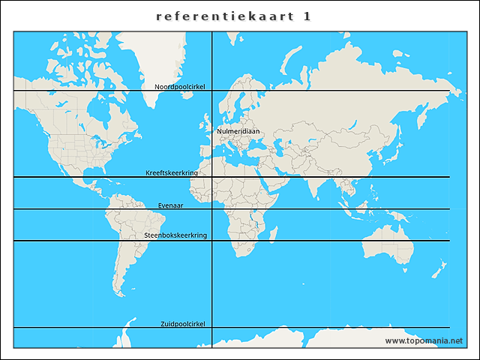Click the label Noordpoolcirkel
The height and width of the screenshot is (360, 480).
click(x=180, y=87)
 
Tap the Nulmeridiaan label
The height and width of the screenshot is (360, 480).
click(x=238, y=131)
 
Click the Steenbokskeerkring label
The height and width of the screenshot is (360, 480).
click(x=175, y=235)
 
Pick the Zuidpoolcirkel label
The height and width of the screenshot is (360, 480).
click(x=183, y=324)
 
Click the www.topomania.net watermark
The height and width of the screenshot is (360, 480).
click(x=424, y=340)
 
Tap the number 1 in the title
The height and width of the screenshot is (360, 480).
click(x=307, y=16)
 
